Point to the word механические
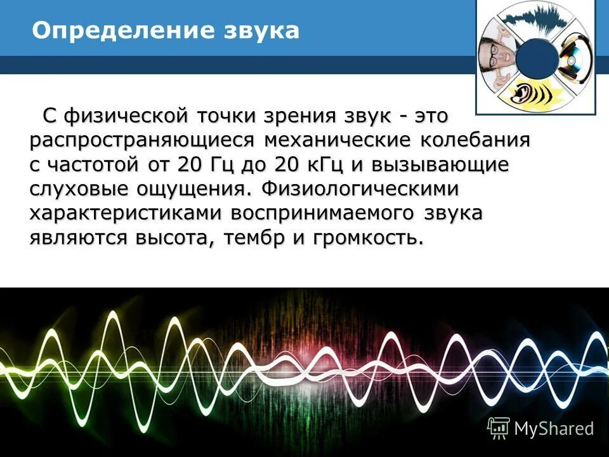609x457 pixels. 336,140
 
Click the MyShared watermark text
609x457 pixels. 554,428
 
